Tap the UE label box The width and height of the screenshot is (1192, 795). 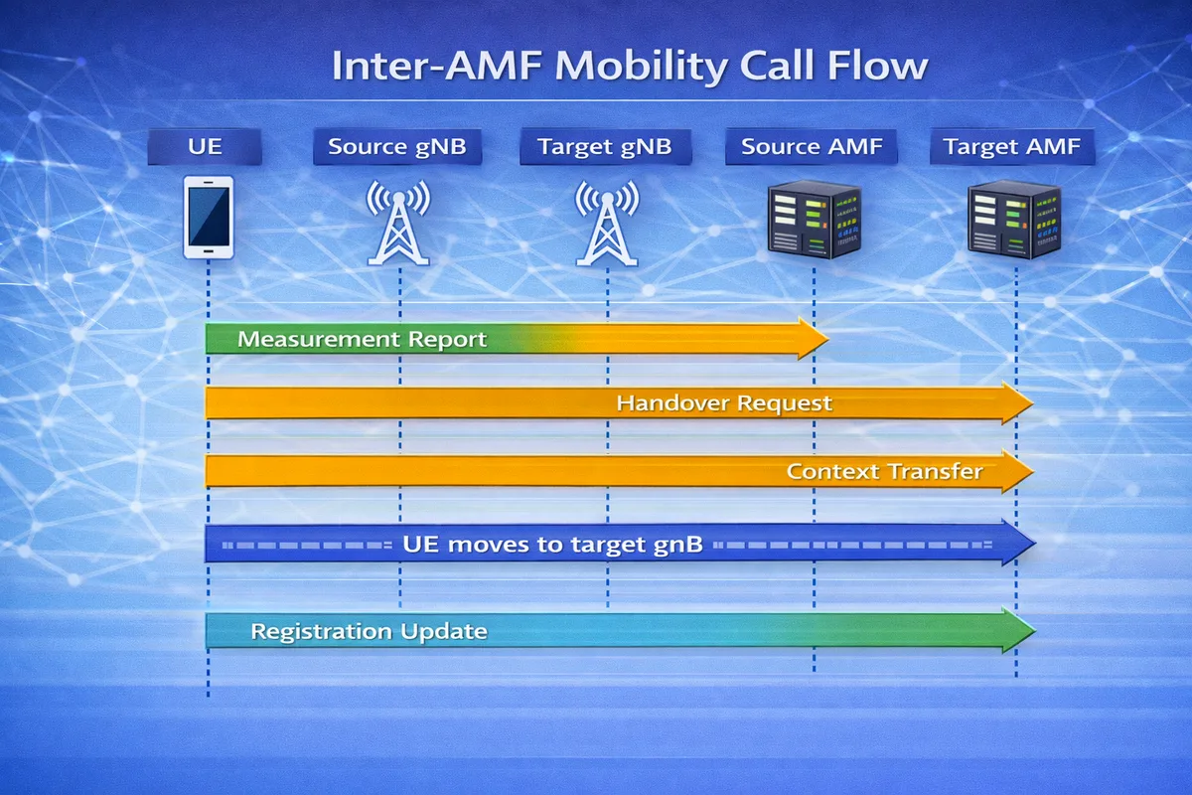tap(205, 148)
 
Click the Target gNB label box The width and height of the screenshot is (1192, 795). tap(604, 148)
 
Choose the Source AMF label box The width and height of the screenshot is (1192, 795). tap(811, 148)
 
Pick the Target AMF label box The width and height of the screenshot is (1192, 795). tap(1012, 148)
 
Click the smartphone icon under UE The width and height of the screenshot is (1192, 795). tap(209, 218)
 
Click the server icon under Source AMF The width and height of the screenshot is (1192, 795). tap(814, 220)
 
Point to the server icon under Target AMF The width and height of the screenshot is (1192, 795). tap(1014, 220)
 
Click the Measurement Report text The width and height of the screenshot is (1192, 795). tap(363, 339)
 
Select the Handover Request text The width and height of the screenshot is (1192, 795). tap(724, 403)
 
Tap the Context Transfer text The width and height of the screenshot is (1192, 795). tap(884, 471)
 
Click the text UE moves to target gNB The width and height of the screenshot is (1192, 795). tap(553, 545)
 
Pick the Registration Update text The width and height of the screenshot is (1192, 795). tap(369, 631)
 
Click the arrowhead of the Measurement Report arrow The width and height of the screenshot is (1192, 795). tap(813, 339)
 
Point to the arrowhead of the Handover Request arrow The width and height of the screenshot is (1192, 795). tap(1018, 403)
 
